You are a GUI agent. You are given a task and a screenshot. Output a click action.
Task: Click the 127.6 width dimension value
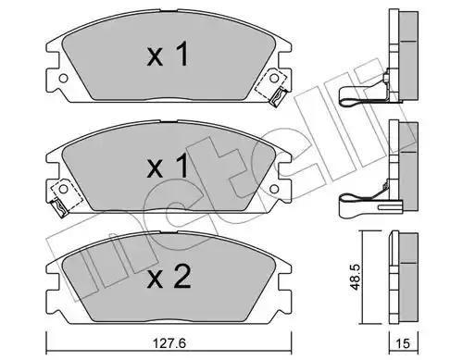169,343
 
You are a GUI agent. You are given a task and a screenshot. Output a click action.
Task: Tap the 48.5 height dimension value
357,277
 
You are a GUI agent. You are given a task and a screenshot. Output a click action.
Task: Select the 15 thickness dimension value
403,343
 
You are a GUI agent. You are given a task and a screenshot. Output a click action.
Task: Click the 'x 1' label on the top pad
168,55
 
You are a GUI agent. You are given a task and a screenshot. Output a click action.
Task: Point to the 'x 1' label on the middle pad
168,166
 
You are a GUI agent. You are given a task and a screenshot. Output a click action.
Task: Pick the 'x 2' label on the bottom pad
169,277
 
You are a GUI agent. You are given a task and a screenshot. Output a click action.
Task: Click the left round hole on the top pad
63,79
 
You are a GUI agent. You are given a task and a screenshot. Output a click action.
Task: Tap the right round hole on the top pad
274,79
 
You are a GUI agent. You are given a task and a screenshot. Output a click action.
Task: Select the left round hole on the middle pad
63,189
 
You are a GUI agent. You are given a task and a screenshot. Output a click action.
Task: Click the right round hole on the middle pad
274,189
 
